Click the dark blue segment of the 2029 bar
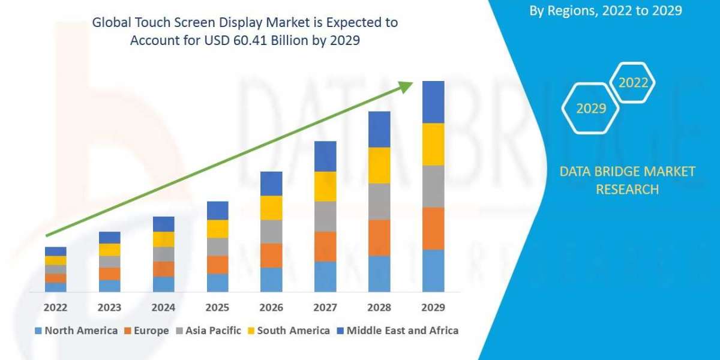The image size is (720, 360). coord(433,102)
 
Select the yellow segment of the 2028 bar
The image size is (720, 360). coord(379,165)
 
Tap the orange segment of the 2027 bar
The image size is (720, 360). coord(325,246)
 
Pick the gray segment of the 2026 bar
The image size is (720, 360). coord(271,231)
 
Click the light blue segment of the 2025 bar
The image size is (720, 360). coord(217,283)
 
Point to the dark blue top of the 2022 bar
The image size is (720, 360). coord(56,251)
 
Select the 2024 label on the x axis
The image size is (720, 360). coord(163,307)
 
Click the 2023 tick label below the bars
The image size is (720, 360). coord(109,307)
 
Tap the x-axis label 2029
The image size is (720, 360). coord(433,307)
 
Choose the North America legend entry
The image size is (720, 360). coord(76,331)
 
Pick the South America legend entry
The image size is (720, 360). coord(288,331)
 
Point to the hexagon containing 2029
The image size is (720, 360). coord(590,109)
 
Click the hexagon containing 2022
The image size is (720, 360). coord(632,83)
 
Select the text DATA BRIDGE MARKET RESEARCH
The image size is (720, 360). coord(627,180)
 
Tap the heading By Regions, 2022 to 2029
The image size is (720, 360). coord(605,11)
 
